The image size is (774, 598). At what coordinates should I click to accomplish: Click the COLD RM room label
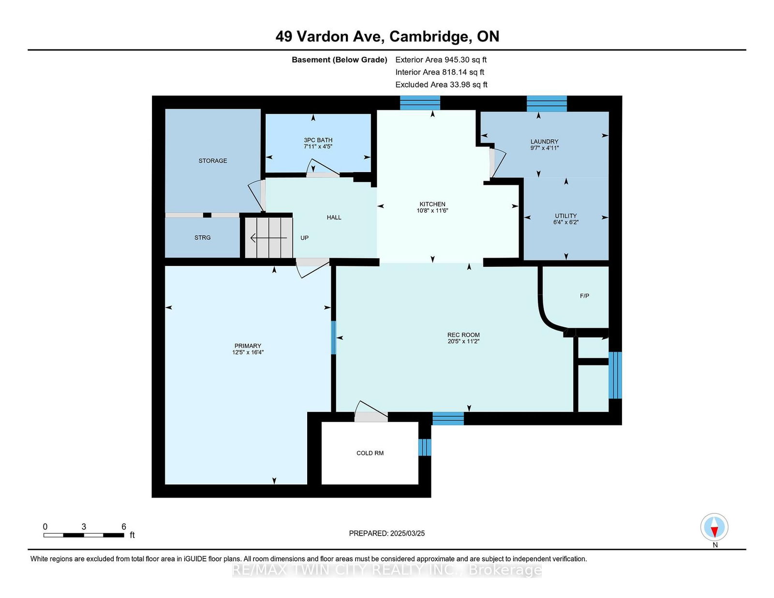(x=370, y=453)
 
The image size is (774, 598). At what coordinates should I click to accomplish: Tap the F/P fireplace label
(x=584, y=296)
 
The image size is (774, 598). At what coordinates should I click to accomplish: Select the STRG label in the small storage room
(x=202, y=237)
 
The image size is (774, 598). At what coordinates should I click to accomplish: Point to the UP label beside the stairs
(x=304, y=238)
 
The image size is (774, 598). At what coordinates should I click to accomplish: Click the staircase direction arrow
(x=268, y=237)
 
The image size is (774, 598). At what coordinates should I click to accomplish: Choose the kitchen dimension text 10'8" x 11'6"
(x=432, y=210)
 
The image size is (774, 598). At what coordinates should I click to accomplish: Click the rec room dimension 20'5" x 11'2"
(x=463, y=341)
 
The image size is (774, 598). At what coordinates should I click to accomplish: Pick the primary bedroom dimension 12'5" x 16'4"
(x=248, y=352)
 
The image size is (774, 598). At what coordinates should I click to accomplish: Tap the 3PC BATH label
(x=318, y=140)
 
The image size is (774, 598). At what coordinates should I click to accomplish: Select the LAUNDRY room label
(x=544, y=142)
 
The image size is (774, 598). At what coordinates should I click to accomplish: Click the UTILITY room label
(x=566, y=216)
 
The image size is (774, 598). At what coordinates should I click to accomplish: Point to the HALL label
(x=334, y=218)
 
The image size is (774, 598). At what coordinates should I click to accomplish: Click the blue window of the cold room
(x=424, y=447)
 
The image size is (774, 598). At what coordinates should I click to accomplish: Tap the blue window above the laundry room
(x=546, y=103)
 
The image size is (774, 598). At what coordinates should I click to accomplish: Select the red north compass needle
(x=714, y=532)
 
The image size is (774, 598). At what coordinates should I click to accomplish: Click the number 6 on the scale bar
(x=123, y=526)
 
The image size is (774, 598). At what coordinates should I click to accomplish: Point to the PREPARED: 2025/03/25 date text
(x=387, y=533)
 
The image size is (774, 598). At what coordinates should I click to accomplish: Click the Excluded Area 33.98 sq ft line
(x=441, y=85)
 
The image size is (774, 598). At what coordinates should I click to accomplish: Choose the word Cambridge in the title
(x=429, y=37)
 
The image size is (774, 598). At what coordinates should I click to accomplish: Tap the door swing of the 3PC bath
(x=323, y=168)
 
